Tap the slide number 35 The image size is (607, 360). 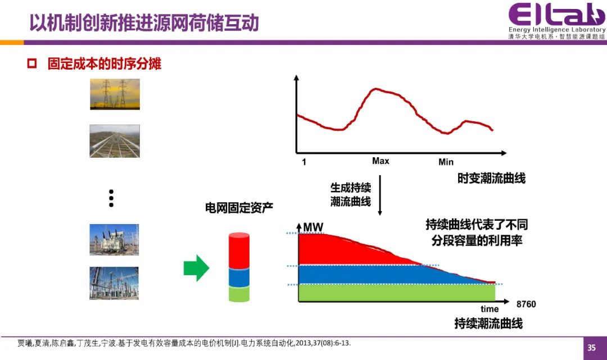point(591,348)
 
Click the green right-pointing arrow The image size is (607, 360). point(196,268)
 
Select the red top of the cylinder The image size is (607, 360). point(239,250)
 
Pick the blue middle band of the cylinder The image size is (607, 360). point(239,277)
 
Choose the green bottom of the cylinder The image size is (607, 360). point(239,294)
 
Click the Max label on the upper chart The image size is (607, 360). point(380,161)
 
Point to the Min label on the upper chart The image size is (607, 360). point(446,162)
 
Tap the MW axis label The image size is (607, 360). point(313,227)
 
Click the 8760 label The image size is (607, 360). point(526,304)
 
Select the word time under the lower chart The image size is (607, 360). point(490,309)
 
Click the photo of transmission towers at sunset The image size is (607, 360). point(115,94)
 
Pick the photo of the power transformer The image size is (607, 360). point(114,240)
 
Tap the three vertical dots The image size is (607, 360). point(111,198)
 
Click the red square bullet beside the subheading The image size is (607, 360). point(31,63)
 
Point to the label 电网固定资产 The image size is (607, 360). point(239,208)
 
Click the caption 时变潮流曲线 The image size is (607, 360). point(492,178)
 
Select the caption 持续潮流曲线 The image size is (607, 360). point(488,323)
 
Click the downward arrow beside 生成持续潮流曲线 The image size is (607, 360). point(380,195)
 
